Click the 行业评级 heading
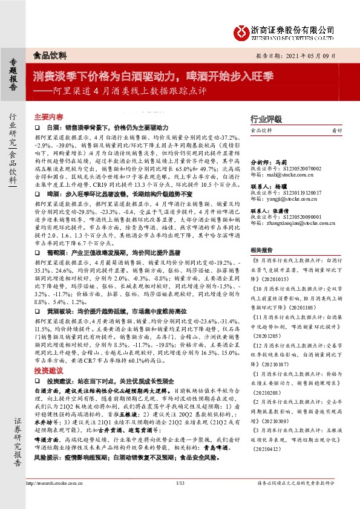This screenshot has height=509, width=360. pos(266,120)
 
